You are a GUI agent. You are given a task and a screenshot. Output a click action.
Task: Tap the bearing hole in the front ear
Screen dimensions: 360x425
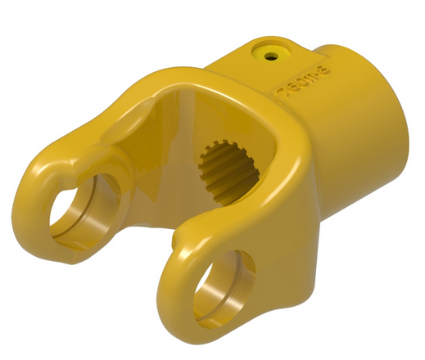[x=224, y=288]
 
